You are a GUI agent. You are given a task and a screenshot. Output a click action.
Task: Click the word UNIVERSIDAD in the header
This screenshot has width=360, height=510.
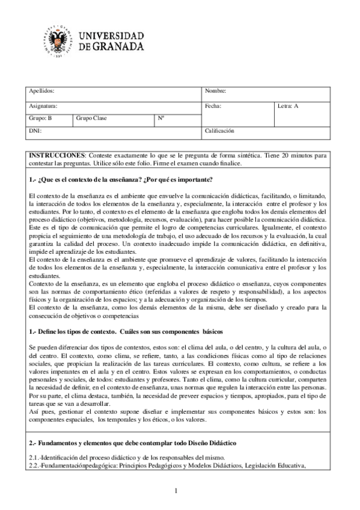111,34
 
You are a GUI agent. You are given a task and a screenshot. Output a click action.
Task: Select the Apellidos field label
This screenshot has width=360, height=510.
42,91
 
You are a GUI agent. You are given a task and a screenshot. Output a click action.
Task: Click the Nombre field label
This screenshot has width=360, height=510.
215,91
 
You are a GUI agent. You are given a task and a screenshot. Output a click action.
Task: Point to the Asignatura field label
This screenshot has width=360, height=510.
43,106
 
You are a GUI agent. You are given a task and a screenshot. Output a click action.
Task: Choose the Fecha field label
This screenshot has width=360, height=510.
213,106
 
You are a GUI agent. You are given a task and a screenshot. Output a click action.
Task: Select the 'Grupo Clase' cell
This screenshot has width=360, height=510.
91,118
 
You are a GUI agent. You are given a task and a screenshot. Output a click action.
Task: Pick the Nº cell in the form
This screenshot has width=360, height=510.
161,118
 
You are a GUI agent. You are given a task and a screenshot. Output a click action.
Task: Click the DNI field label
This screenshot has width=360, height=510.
35,130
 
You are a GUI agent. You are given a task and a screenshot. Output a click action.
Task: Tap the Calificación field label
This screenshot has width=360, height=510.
219,130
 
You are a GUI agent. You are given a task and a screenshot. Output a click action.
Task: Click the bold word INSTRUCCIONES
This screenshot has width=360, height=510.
58,155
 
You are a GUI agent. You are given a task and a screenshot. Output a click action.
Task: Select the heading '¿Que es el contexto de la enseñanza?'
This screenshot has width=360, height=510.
84,180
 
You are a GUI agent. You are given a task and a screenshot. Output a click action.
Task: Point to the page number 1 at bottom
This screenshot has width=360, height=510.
177,491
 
